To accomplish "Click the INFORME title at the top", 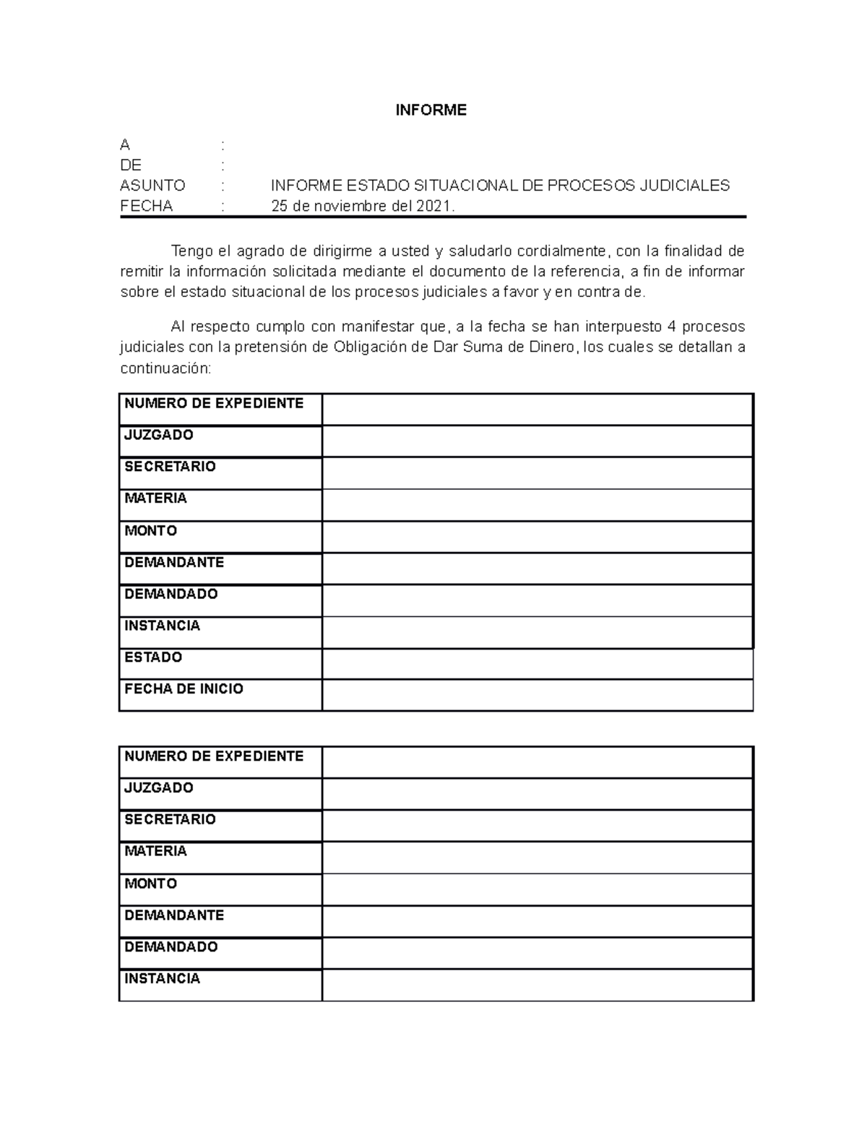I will point(431,110).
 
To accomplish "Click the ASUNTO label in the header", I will point(152,186).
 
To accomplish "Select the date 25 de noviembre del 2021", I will point(363,207).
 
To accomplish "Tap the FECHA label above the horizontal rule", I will point(147,207).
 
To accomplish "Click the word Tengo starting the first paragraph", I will point(191,251).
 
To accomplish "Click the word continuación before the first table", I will point(165,368).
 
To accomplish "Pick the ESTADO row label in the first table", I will point(153,657).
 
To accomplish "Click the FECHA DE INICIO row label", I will point(184,689).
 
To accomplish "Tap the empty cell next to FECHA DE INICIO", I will point(538,695).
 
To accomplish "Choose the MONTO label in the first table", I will point(150,531).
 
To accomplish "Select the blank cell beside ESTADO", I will point(538,663).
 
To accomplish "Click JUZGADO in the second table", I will point(159,788).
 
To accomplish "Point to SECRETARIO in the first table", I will point(170,467).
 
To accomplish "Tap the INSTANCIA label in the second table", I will point(163,979).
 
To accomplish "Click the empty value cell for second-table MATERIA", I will point(538,858).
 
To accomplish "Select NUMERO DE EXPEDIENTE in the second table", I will point(214,756).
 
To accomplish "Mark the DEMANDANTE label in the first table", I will point(174,562).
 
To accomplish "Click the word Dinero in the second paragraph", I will point(552,348).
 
